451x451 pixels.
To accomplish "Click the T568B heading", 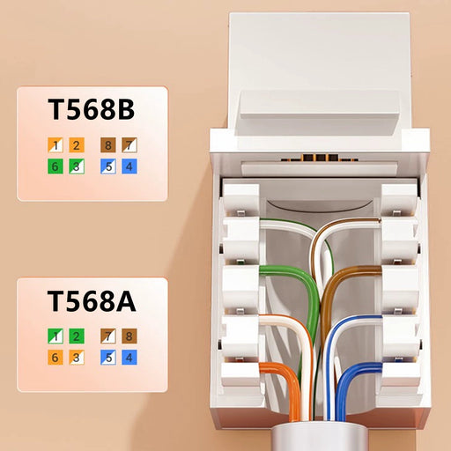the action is point(92,109).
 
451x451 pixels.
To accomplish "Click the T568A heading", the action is point(92,300).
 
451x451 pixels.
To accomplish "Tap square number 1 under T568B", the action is point(55,145).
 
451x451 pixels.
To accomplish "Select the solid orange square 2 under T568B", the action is point(77,145).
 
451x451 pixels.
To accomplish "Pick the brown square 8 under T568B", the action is point(108,145).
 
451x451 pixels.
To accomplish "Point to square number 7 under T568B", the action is point(129,145).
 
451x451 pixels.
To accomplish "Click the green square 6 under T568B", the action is point(55,166).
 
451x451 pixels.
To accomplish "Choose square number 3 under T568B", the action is point(77,166).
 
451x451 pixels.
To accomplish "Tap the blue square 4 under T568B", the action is point(129,166).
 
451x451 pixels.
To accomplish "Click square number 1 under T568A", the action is point(55,336).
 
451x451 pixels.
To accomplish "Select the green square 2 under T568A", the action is point(77,336).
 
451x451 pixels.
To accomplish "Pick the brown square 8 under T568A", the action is point(129,336).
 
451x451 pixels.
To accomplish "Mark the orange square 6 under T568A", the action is point(55,358).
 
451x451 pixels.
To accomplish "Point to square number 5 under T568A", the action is point(108,358).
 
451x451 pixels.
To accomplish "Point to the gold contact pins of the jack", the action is point(320,158).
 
